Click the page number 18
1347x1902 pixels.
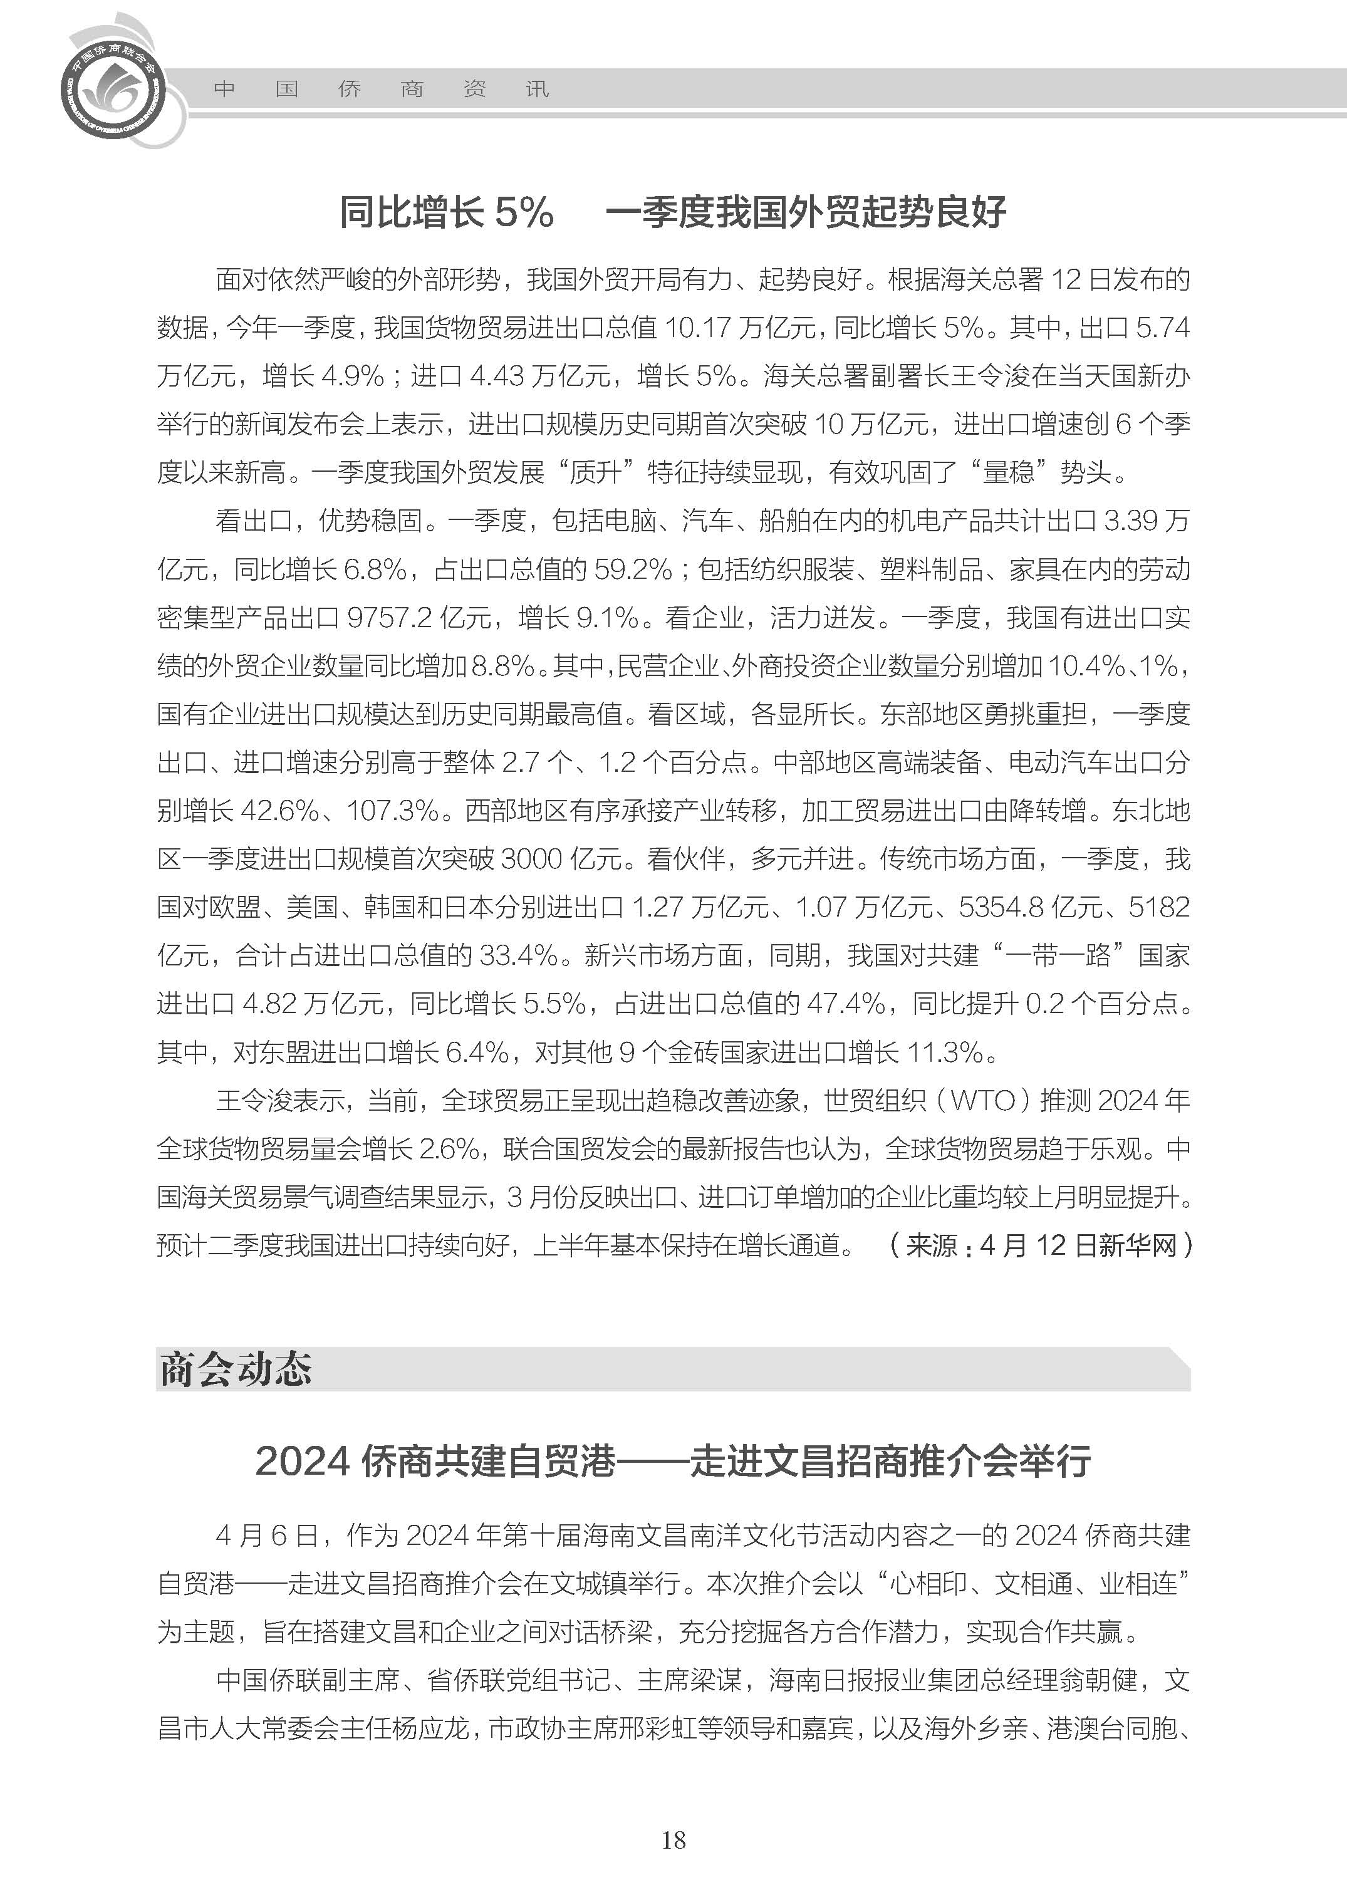(x=673, y=1841)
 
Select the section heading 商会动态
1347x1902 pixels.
(x=236, y=1369)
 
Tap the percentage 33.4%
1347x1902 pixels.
(x=518, y=955)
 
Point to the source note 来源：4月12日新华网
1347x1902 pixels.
(x=1041, y=1245)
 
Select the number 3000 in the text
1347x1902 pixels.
(x=532, y=858)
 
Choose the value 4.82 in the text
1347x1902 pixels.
(x=269, y=1004)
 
